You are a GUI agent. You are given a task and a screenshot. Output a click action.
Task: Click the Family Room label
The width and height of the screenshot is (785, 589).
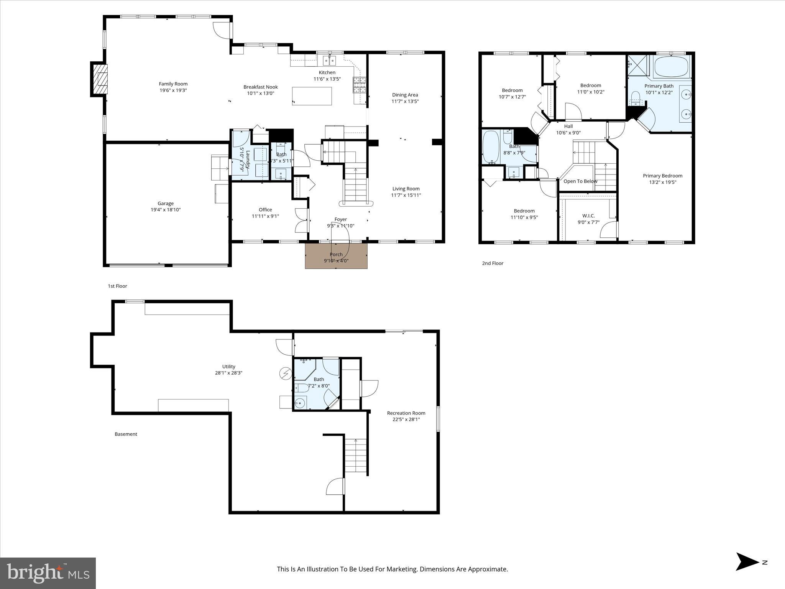click(x=173, y=84)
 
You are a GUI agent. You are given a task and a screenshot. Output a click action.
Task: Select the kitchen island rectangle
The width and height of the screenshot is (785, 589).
click(x=312, y=96)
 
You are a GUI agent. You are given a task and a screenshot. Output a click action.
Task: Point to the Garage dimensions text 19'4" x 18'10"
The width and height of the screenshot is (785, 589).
click(x=166, y=210)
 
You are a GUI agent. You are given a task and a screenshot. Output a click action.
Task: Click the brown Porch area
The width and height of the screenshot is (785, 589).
click(x=336, y=257)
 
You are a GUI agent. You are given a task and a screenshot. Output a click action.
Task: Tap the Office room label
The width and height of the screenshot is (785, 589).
click(x=265, y=210)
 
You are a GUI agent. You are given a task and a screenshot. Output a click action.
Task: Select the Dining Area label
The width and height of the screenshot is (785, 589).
click(x=405, y=95)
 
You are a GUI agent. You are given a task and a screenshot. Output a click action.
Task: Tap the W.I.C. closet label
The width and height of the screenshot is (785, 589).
click(x=588, y=216)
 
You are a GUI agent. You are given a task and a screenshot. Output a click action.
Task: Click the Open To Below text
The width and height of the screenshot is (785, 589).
click(x=580, y=181)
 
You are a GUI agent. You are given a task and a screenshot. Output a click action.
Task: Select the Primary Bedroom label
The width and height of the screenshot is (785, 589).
click(x=662, y=176)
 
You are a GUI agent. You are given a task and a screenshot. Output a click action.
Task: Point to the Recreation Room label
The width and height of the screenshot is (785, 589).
click(x=406, y=413)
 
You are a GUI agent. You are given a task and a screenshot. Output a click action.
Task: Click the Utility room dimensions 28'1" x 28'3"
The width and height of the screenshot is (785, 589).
click(x=228, y=373)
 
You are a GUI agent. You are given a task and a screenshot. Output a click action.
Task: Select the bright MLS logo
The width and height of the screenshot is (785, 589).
click(x=48, y=573)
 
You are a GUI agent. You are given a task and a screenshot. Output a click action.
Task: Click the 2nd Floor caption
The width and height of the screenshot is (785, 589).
click(x=493, y=263)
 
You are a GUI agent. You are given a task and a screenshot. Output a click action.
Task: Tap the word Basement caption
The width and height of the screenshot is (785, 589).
click(x=126, y=434)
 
